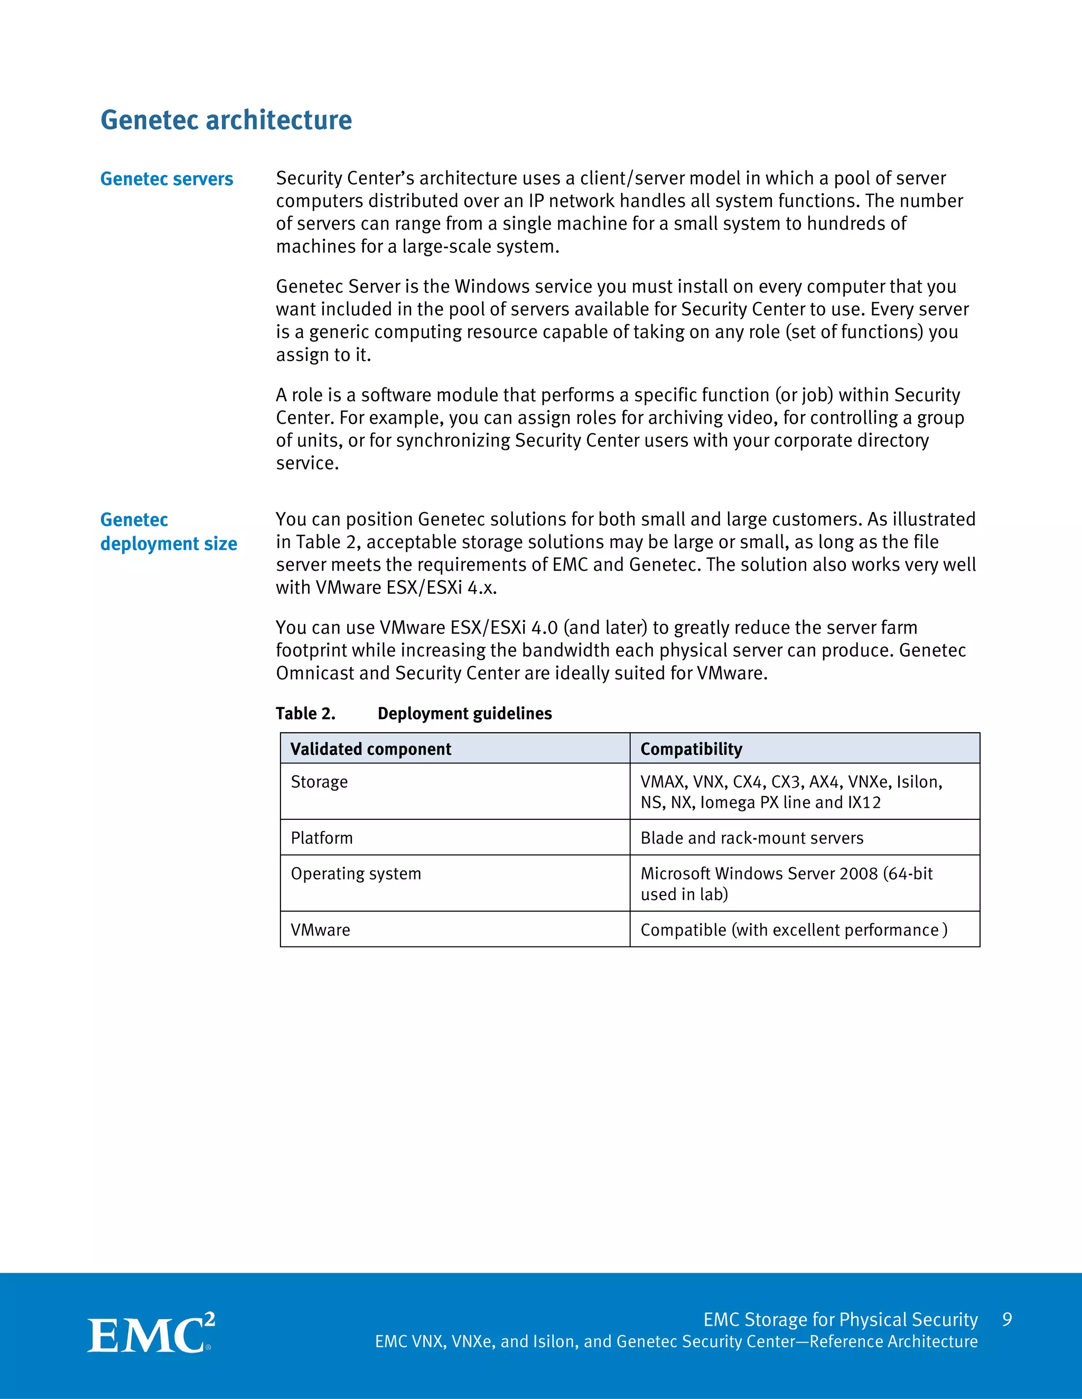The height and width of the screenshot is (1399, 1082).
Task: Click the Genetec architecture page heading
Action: coord(226,120)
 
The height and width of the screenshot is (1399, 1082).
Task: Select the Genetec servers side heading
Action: coord(166,179)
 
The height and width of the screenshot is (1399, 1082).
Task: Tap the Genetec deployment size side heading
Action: coord(169,532)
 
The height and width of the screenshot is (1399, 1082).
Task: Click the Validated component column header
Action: coord(370,749)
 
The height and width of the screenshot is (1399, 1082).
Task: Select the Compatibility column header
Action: coord(691,749)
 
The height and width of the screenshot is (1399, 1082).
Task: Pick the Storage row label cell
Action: coord(319,782)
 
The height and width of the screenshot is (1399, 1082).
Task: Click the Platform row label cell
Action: coord(322,838)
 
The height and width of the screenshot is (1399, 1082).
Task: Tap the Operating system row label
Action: coord(356,874)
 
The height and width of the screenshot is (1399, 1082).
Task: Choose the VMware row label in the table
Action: coord(321,930)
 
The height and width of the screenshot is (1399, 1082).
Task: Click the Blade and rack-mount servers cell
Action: coord(752,838)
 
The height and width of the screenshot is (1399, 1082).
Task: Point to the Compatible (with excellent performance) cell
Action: coord(794,930)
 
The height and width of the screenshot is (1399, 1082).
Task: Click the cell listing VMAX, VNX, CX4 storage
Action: coord(791,792)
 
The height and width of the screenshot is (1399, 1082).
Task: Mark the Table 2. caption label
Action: coord(306,714)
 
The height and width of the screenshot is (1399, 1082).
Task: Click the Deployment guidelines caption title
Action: coord(465,714)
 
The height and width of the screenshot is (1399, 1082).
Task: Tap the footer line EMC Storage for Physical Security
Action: coord(841,1320)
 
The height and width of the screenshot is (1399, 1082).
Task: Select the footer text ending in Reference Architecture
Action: coord(676,1341)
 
